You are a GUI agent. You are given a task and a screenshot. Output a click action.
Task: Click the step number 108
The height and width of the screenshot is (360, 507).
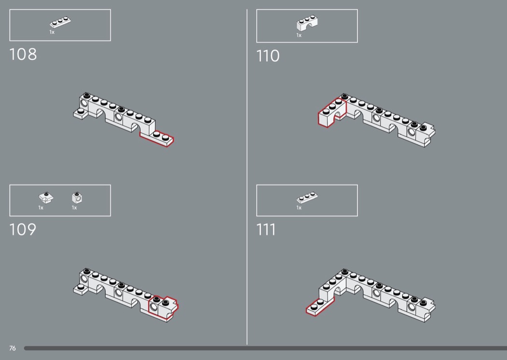click(x=23, y=55)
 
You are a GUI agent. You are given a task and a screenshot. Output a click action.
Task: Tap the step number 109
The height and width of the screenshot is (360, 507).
click(x=23, y=229)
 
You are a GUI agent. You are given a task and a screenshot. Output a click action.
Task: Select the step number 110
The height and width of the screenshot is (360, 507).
click(x=268, y=56)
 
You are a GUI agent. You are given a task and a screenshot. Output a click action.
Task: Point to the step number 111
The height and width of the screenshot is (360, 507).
click(x=266, y=230)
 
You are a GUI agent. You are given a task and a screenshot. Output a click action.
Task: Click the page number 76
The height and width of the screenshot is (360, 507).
click(x=12, y=348)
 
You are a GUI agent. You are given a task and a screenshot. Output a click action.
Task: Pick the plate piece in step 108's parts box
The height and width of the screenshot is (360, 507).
click(x=60, y=22)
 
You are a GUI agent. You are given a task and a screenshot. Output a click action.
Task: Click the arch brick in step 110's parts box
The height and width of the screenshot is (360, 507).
click(x=307, y=23)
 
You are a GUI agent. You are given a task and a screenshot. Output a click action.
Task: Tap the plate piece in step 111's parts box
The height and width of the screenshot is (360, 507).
click(x=307, y=197)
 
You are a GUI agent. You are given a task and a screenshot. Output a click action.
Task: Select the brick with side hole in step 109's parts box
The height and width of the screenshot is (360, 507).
click(x=77, y=197)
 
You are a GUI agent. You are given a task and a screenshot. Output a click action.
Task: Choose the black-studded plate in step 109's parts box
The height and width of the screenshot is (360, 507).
click(x=46, y=197)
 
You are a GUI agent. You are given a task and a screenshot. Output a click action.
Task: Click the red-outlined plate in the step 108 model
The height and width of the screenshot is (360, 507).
click(x=157, y=138)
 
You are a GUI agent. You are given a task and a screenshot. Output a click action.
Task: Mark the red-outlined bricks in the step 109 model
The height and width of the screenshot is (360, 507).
click(x=163, y=308)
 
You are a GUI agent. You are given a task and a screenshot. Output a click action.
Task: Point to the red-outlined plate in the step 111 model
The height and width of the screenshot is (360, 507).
click(x=320, y=306)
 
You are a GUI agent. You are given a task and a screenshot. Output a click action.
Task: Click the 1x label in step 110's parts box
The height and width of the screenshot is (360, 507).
click(x=299, y=35)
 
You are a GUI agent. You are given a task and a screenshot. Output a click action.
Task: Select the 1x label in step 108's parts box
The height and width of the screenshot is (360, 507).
click(x=52, y=32)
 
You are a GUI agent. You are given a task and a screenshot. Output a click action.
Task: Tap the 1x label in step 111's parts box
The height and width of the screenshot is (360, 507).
click(x=299, y=208)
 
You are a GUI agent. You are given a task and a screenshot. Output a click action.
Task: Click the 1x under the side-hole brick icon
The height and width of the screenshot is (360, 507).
click(x=74, y=208)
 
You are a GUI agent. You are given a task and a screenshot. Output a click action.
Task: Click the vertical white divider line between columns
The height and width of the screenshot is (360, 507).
click(x=247, y=177)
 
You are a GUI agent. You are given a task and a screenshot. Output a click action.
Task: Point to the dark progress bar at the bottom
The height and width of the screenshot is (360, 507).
click(x=266, y=348)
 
